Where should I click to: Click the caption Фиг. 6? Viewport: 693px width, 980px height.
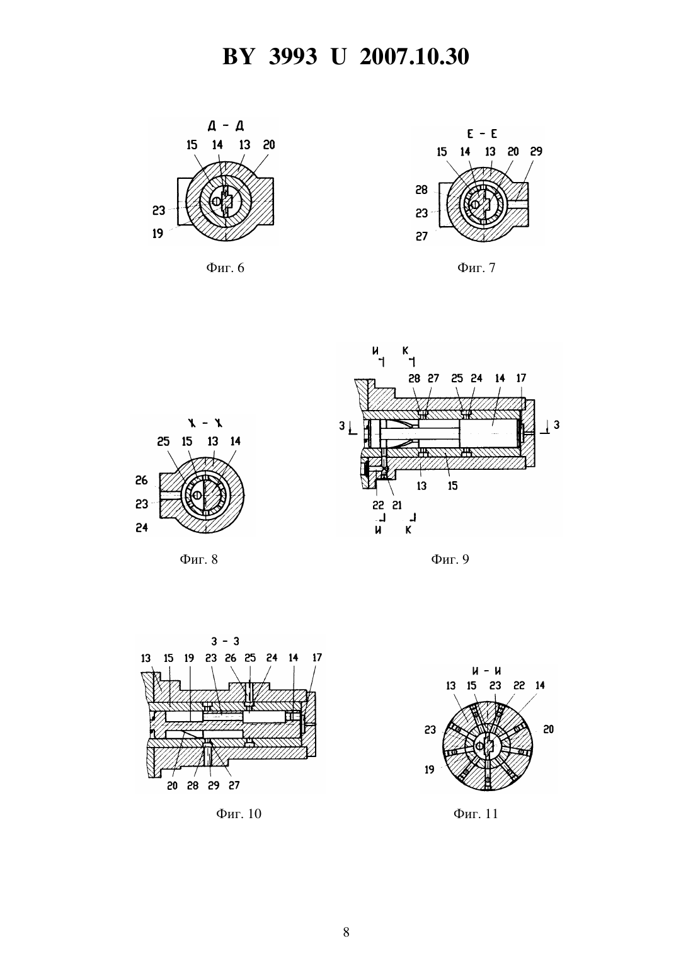click(225, 268)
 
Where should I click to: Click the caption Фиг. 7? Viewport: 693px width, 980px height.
click(476, 268)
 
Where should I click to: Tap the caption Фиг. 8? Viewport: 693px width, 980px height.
click(198, 559)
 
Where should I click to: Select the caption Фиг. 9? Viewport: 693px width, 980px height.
click(450, 559)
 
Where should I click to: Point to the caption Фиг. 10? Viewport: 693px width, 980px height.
click(238, 813)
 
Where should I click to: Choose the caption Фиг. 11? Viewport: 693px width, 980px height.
click(476, 813)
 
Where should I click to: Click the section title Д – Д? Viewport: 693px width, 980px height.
click(226, 126)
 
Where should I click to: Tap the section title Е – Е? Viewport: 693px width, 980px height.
click(482, 134)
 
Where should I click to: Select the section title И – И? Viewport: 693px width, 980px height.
click(486, 671)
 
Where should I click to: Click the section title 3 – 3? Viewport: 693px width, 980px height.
click(226, 641)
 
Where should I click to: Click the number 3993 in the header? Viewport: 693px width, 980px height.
click(293, 57)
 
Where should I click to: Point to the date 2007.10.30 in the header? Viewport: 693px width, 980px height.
click(415, 57)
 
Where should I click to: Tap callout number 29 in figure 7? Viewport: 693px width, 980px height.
click(536, 151)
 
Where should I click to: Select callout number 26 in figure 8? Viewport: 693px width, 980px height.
click(141, 481)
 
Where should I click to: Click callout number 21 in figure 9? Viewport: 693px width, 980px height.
click(397, 505)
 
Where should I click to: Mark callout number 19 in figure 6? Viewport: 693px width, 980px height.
click(157, 234)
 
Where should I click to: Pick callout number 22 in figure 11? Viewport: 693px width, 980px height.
click(519, 686)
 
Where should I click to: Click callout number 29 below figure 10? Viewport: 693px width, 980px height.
click(214, 786)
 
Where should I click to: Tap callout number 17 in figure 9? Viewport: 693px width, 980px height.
click(521, 378)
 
